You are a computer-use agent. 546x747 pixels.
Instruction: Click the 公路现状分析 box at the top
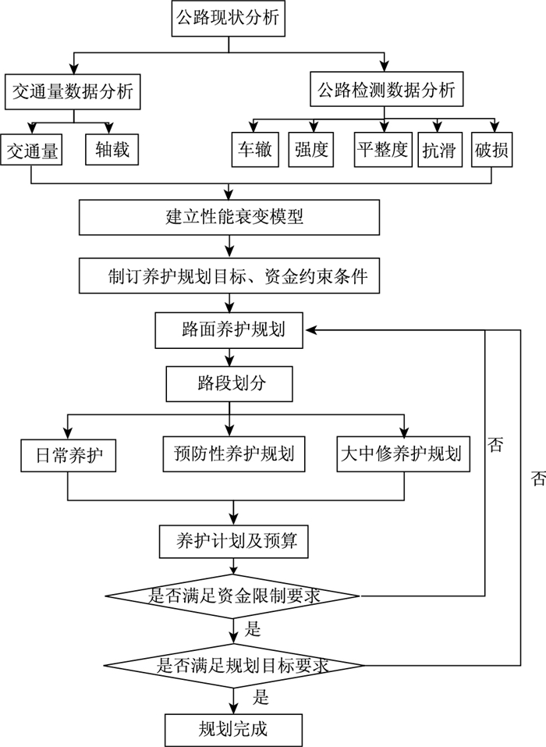click(229, 17)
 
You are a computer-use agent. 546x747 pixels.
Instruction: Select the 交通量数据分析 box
click(73, 92)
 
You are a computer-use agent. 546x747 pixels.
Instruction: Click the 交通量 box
click(31, 150)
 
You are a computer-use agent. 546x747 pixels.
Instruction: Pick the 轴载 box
click(112, 150)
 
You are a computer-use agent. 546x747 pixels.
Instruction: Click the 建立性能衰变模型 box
click(229, 217)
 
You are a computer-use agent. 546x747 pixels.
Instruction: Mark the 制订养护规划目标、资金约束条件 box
click(229, 276)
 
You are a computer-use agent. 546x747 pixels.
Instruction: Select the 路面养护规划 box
click(229, 329)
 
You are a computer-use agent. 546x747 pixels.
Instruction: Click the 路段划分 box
click(229, 383)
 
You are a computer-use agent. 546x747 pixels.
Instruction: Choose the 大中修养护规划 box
click(405, 454)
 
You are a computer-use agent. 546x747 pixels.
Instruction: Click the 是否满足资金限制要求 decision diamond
click(232, 596)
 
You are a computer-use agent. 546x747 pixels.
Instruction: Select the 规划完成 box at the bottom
click(232, 729)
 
